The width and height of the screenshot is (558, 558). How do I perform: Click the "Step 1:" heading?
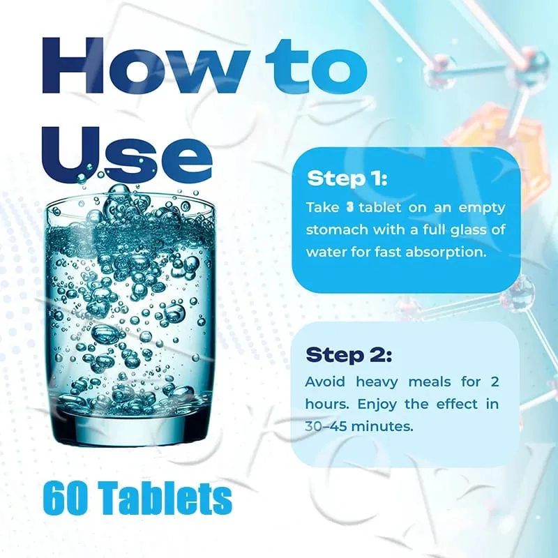tap(347, 178)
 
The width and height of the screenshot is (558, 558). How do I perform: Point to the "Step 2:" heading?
tap(349, 354)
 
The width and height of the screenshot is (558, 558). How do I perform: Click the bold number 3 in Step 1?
tap(350, 207)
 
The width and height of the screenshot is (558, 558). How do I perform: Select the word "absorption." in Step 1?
tap(446, 252)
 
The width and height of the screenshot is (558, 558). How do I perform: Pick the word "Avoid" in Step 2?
tap(325, 382)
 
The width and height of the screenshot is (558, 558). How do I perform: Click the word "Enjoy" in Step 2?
tap(377, 405)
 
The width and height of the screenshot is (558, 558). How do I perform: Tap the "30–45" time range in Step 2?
tap(326, 426)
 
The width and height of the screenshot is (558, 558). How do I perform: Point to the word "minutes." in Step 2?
tap(382, 426)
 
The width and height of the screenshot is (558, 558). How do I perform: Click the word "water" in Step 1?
tap(326, 252)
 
